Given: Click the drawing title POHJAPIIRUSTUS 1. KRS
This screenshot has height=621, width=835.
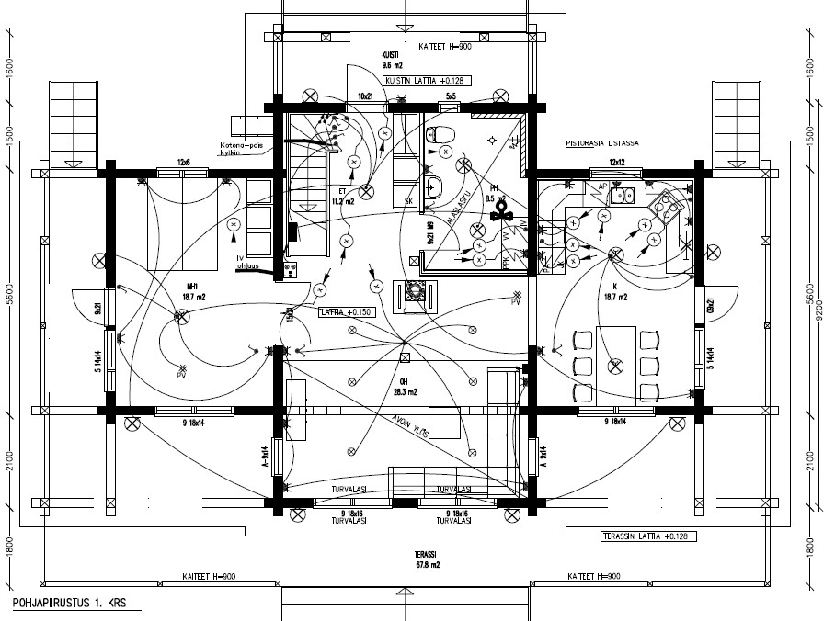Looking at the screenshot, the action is pyautogui.click(x=70, y=604).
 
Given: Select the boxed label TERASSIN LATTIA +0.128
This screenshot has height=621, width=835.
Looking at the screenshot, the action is pyautogui.click(x=645, y=536).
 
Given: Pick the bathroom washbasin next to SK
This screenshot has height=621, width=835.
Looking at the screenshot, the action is pyautogui.click(x=437, y=185).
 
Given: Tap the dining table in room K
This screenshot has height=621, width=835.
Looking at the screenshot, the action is pyautogui.click(x=616, y=364).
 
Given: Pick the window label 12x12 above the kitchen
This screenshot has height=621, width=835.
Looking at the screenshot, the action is pyautogui.click(x=617, y=163).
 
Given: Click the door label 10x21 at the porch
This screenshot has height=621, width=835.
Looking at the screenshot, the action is pyautogui.click(x=365, y=96).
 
